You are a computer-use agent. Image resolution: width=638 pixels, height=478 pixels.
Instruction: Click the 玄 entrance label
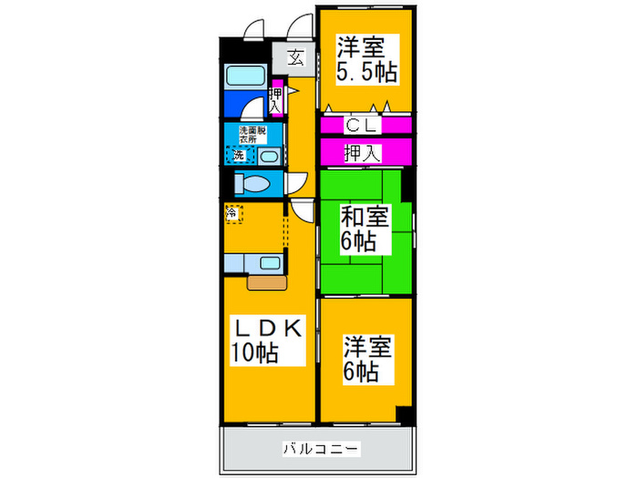coord(296,58)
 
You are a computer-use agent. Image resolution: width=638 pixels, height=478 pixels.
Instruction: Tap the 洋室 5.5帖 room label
coord(368,58)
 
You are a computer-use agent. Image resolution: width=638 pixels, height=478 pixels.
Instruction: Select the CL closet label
coord(363,126)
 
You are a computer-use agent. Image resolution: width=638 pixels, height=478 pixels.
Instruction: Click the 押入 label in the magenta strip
coord(363,152)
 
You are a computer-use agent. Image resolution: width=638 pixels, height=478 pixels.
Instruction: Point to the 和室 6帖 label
coord(365,229)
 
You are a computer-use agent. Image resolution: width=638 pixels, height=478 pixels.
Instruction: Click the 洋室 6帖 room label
coord(367,359)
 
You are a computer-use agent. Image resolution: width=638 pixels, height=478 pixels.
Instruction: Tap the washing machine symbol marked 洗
coord(238,155)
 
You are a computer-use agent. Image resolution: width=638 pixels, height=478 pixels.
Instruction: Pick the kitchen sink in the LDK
coord(270,264)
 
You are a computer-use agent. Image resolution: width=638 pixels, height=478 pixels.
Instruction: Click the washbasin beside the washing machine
coord(266,156)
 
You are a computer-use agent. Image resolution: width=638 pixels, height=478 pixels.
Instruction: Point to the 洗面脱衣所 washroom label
coord(252,134)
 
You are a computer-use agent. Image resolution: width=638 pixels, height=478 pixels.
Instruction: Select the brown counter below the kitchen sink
coord(265,282)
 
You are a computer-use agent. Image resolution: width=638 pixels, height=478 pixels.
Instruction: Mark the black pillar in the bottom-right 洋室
coord(402,414)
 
